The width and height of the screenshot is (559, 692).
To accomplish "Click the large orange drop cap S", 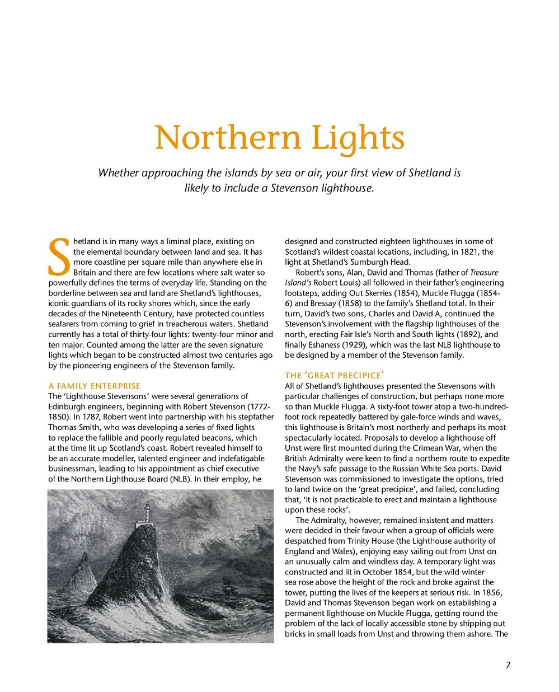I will pos(59,258).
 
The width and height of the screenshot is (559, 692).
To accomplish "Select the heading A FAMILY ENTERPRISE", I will pos(95,386).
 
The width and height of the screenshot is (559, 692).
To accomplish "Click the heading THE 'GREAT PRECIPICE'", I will pos(334,375).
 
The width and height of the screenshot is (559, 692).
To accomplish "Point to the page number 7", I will pos(508,665).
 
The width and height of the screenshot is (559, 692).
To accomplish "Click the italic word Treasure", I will pos(484,273).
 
